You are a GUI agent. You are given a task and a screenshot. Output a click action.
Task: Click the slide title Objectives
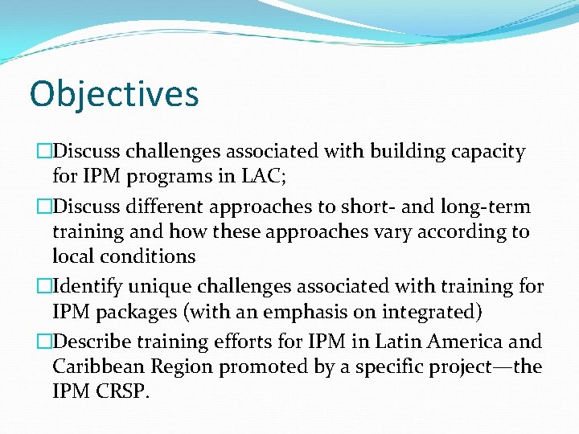pos(114,93)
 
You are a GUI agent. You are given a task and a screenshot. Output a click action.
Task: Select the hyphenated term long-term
pos(486,207)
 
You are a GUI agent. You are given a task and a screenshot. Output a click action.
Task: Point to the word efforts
pos(244,342)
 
